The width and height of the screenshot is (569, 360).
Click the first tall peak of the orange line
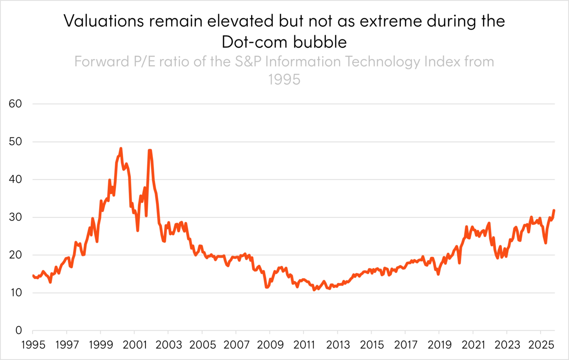coord(120,148)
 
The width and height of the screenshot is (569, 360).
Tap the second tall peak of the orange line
coord(150,149)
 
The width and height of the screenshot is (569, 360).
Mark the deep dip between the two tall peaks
coord(137,231)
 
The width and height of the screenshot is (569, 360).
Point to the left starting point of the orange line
coord(33,276)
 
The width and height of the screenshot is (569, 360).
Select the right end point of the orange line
coord(554,210)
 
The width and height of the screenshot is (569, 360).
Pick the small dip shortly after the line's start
coord(50,283)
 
